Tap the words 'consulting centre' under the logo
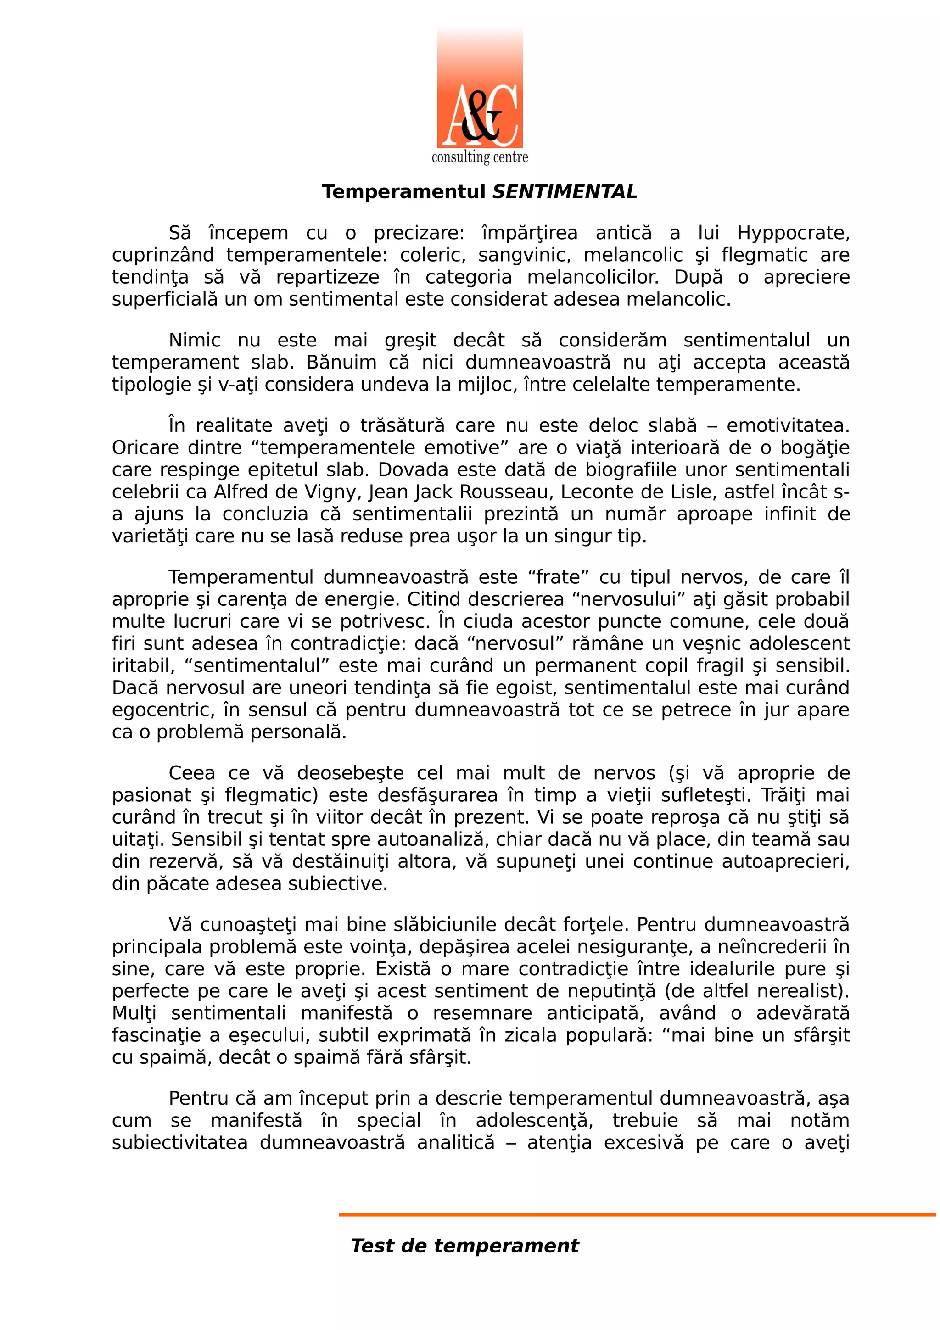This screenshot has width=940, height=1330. tap(480, 157)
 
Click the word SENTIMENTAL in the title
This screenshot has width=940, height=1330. tap(564, 192)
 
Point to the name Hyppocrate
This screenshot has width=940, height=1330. tap(792, 233)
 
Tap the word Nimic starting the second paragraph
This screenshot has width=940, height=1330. tap(195, 340)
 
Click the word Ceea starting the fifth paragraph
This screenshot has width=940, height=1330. tap(192, 773)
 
